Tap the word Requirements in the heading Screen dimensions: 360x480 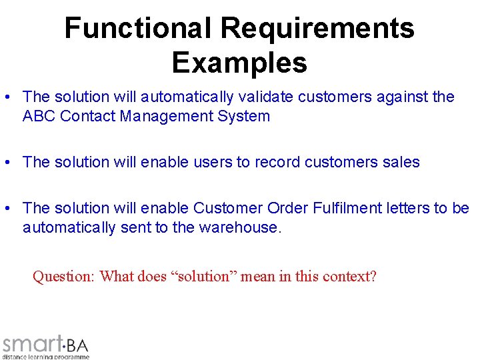coord(317,28)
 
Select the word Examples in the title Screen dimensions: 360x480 coord(239,62)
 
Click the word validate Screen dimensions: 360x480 coord(266,97)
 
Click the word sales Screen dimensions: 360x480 coord(402,162)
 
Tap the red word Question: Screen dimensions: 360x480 coord(64,276)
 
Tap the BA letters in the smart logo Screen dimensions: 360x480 coord(77,345)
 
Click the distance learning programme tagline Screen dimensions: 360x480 coord(45,356)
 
